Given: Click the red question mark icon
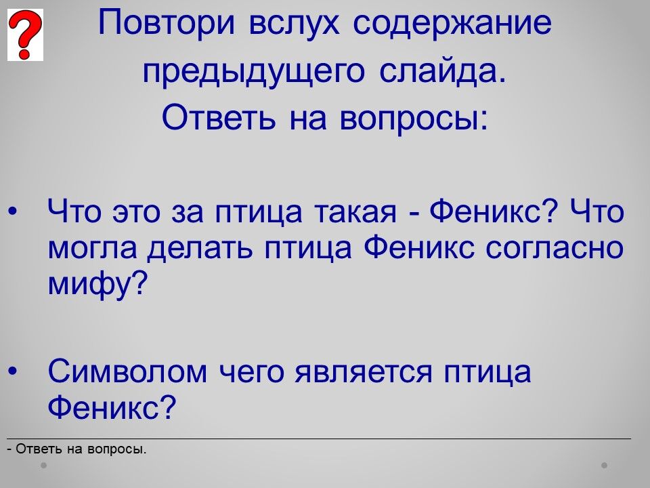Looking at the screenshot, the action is pos(25,35).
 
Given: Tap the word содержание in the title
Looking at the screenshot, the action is pos(452,23).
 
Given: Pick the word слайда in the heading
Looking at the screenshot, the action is pos(443,71).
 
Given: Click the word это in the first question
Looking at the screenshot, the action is pos(136,211).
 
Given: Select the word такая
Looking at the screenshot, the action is pos(355,211).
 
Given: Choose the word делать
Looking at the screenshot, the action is pos(200,248).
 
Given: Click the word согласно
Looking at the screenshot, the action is pos(555,248).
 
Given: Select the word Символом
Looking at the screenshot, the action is pos(127,371).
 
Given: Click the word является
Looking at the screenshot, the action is pos(363,371).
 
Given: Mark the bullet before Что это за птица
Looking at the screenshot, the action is pos(13,211).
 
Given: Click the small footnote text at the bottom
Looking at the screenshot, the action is pos(77,449).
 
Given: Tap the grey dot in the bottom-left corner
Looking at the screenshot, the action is pos(43,465).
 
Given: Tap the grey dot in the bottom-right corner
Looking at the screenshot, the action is pos(605,465).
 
